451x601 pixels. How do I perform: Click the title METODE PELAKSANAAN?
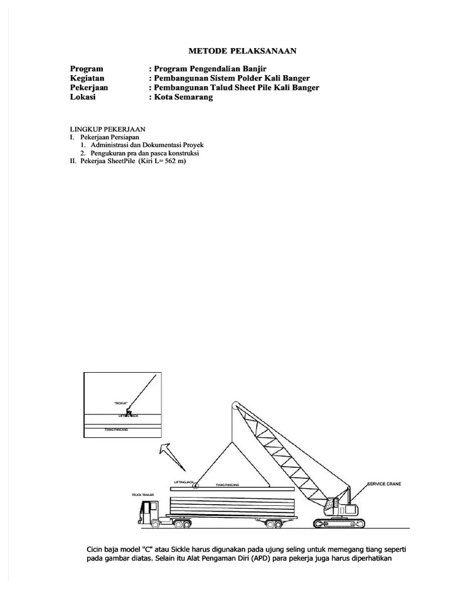[x=242, y=51]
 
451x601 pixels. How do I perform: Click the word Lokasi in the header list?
[x=83, y=97]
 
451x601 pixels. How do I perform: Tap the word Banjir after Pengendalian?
[x=254, y=69]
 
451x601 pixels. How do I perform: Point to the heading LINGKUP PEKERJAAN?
[x=107, y=129]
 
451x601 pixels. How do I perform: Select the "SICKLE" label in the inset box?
[x=121, y=403]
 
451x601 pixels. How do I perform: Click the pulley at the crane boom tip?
[x=234, y=405]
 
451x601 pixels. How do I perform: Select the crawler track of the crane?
[x=341, y=522]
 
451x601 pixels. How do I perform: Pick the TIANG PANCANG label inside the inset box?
[x=116, y=430]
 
